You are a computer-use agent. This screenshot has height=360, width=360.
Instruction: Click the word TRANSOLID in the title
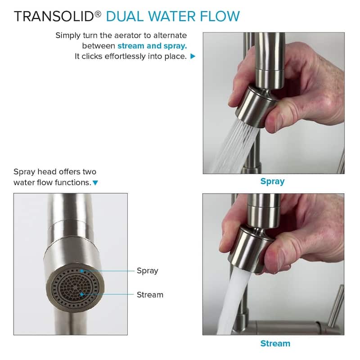[x=54, y=17]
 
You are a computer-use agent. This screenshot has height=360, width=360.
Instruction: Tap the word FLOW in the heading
[x=220, y=17]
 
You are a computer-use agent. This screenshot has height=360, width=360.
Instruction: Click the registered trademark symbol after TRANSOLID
[x=98, y=14]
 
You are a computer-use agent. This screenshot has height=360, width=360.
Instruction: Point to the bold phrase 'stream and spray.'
[x=152, y=46]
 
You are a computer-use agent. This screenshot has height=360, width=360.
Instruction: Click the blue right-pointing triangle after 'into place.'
[x=193, y=56]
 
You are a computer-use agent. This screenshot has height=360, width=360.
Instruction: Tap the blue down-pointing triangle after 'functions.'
[x=95, y=183]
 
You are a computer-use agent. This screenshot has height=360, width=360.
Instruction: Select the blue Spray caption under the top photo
[x=273, y=182]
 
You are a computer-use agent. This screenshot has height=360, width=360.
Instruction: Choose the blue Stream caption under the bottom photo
[x=275, y=343]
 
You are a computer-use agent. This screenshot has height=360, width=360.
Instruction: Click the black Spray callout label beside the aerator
[x=148, y=271]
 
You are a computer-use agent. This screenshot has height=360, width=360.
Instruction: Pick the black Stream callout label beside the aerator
[x=150, y=295]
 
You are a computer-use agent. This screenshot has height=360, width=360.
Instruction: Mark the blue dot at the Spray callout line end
[x=81, y=271]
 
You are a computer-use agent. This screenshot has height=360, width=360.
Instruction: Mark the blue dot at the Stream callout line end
[x=81, y=294]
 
